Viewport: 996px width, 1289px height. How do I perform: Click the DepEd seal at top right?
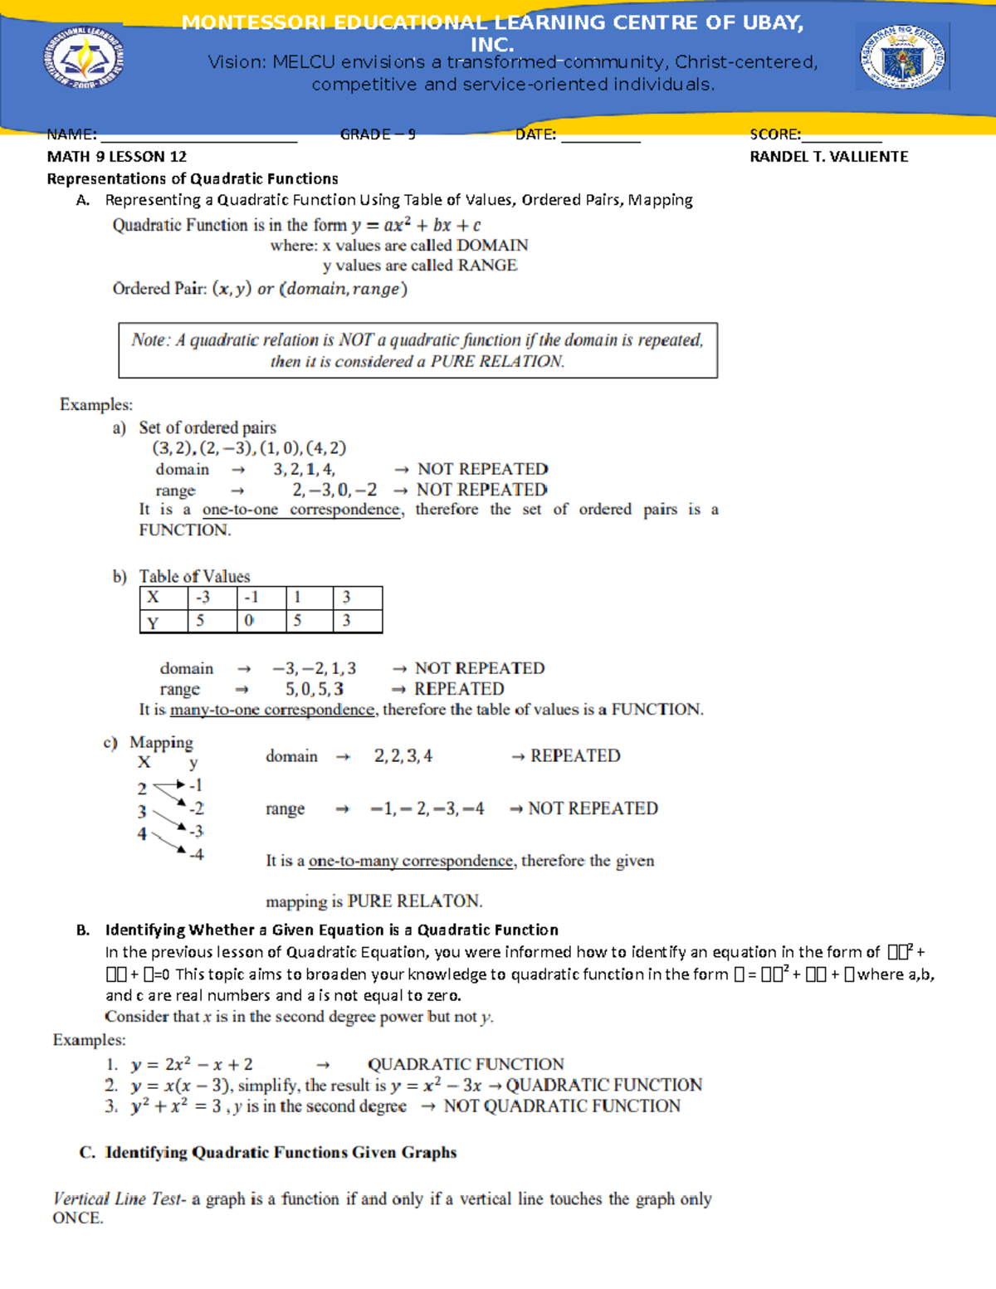(x=902, y=56)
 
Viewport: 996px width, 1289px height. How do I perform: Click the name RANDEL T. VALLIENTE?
(x=828, y=157)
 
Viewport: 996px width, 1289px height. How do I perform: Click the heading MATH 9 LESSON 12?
(x=116, y=157)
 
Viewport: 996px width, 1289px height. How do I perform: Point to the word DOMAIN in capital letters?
(x=492, y=246)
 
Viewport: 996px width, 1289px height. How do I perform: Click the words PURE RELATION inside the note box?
(x=497, y=362)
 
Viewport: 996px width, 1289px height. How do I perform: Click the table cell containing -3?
(x=203, y=598)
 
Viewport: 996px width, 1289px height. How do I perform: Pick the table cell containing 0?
(x=249, y=621)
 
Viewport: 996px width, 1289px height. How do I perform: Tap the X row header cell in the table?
(x=154, y=598)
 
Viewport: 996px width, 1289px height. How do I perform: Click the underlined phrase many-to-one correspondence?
(x=272, y=710)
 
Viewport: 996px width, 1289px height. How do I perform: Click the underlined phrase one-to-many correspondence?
(x=410, y=862)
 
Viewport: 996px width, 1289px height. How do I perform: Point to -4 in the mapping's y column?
(x=196, y=854)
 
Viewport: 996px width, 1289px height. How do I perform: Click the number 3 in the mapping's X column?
(x=142, y=812)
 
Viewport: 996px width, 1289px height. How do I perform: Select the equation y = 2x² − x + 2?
(x=192, y=1065)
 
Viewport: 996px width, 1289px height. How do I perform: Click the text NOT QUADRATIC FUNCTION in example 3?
(x=562, y=1106)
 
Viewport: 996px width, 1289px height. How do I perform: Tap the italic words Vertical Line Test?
(x=117, y=1199)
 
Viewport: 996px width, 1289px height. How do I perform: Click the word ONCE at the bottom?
(x=77, y=1218)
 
